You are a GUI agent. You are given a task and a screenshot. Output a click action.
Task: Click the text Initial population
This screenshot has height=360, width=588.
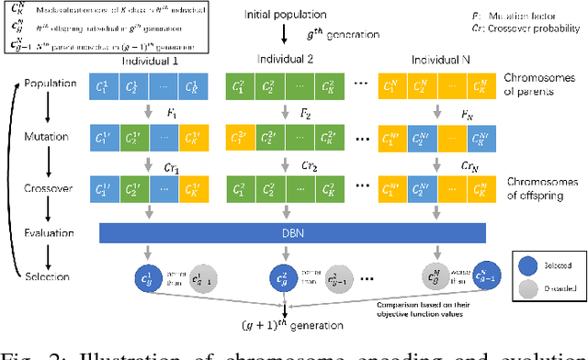point(286,16)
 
